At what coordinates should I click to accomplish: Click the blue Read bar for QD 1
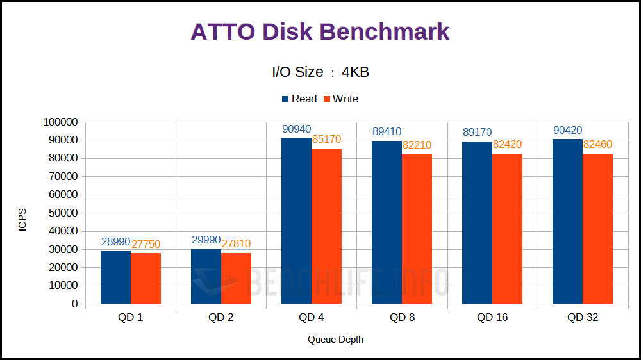pyautogui.click(x=115, y=277)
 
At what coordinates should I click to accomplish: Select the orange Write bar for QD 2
pyautogui.click(x=236, y=278)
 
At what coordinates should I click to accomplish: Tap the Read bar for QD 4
pyautogui.click(x=296, y=221)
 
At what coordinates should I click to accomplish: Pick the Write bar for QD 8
pyautogui.click(x=417, y=229)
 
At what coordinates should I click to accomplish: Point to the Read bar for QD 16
pyautogui.click(x=477, y=222)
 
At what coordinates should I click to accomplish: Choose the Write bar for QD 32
pyautogui.click(x=597, y=229)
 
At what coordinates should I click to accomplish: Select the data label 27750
pyautogui.click(x=146, y=244)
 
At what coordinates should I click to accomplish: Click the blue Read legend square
pyautogui.click(x=286, y=99)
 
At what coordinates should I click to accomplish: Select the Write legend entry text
pyautogui.click(x=345, y=99)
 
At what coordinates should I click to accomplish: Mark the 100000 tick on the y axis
pyautogui.click(x=60, y=122)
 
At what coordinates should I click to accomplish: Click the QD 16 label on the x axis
pyautogui.click(x=492, y=318)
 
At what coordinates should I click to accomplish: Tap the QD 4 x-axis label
pyautogui.click(x=312, y=318)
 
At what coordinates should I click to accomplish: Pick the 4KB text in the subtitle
pyautogui.click(x=355, y=72)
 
